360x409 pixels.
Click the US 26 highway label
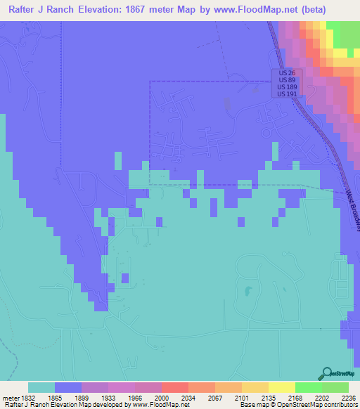[x=285, y=73]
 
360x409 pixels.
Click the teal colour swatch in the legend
[x=41, y=387]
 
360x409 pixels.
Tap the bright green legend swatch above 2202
[x=308, y=387]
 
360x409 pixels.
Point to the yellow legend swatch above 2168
[x=281, y=387]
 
